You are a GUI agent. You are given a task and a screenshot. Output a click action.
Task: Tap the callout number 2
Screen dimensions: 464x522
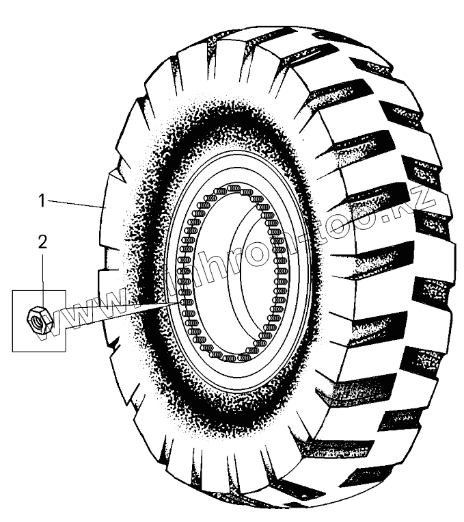coord(42,242)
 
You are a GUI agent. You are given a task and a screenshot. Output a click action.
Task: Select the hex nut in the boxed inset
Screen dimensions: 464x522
coord(38,319)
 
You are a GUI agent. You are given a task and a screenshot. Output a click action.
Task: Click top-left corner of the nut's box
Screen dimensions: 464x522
coord(14,290)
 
